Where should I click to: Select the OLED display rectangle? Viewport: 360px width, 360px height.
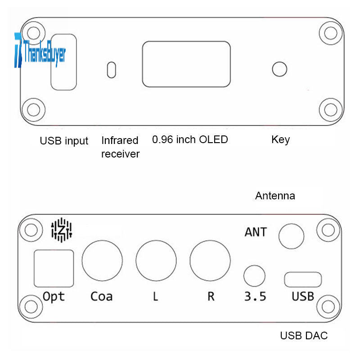(x=186, y=64)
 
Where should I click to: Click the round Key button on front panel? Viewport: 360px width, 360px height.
(x=280, y=69)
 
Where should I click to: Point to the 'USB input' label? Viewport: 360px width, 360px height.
(x=64, y=141)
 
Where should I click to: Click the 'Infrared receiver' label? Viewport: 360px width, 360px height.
(x=120, y=147)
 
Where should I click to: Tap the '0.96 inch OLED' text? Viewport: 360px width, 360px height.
(x=190, y=139)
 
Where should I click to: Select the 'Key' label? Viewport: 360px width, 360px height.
(x=280, y=139)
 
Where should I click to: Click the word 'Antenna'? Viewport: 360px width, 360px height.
(x=275, y=196)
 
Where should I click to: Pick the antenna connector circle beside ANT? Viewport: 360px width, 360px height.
(x=291, y=236)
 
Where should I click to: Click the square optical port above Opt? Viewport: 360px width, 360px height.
(x=54, y=268)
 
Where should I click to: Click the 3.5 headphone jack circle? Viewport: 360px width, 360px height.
(x=254, y=276)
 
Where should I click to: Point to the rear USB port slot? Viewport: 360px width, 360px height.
(x=303, y=279)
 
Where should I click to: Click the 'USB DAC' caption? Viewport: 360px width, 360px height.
(x=304, y=336)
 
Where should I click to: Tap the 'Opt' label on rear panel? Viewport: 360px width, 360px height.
(x=54, y=297)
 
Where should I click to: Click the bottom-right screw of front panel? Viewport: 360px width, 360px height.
(x=331, y=109)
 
